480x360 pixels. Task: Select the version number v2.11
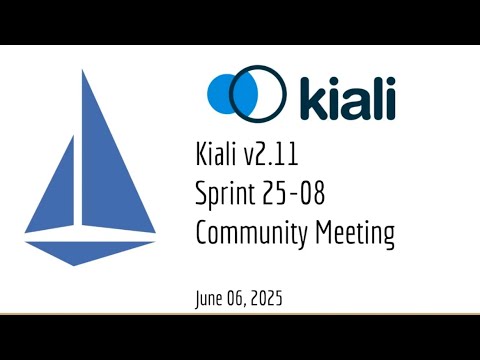(268, 156)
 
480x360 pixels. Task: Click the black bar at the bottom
(240, 337)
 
